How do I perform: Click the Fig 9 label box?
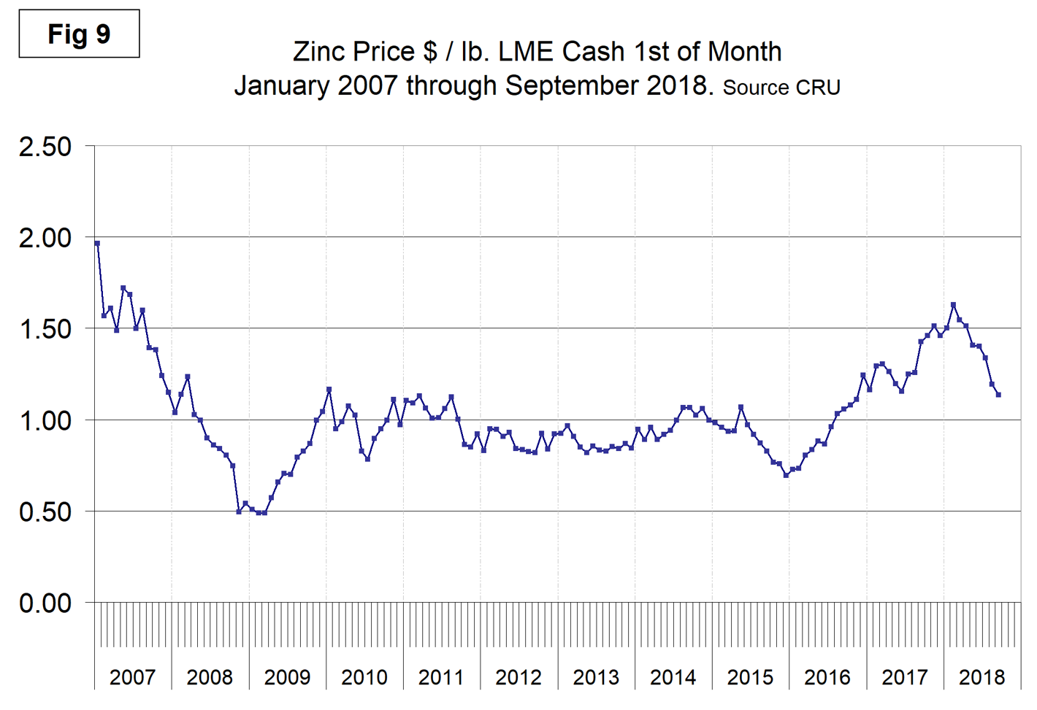pyautogui.click(x=79, y=34)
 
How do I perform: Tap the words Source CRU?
pyautogui.click(x=781, y=88)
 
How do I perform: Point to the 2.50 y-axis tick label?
pyautogui.click(x=45, y=147)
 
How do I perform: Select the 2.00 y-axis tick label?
pyautogui.click(x=45, y=238)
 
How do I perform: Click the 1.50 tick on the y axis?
pyautogui.click(x=45, y=329)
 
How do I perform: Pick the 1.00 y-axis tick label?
pyautogui.click(x=45, y=421)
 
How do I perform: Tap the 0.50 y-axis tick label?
pyautogui.click(x=45, y=512)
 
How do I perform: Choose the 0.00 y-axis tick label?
pyautogui.click(x=45, y=603)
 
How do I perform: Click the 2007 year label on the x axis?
pyautogui.click(x=132, y=678)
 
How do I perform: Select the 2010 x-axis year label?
pyautogui.click(x=364, y=678)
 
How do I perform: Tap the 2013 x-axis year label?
pyautogui.click(x=595, y=678)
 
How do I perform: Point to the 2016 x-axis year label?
pyautogui.click(x=827, y=678)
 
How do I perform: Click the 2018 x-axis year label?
pyautogui.click(x=981, y=678)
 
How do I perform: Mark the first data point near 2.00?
pyautogui.click(x=97, y=244)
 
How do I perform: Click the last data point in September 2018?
pyautogui.click(x=998, y=395)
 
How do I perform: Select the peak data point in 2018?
pyautogui.click(x=953, y=305)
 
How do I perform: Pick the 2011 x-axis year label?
pyautogui.click(x=441, y=678)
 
